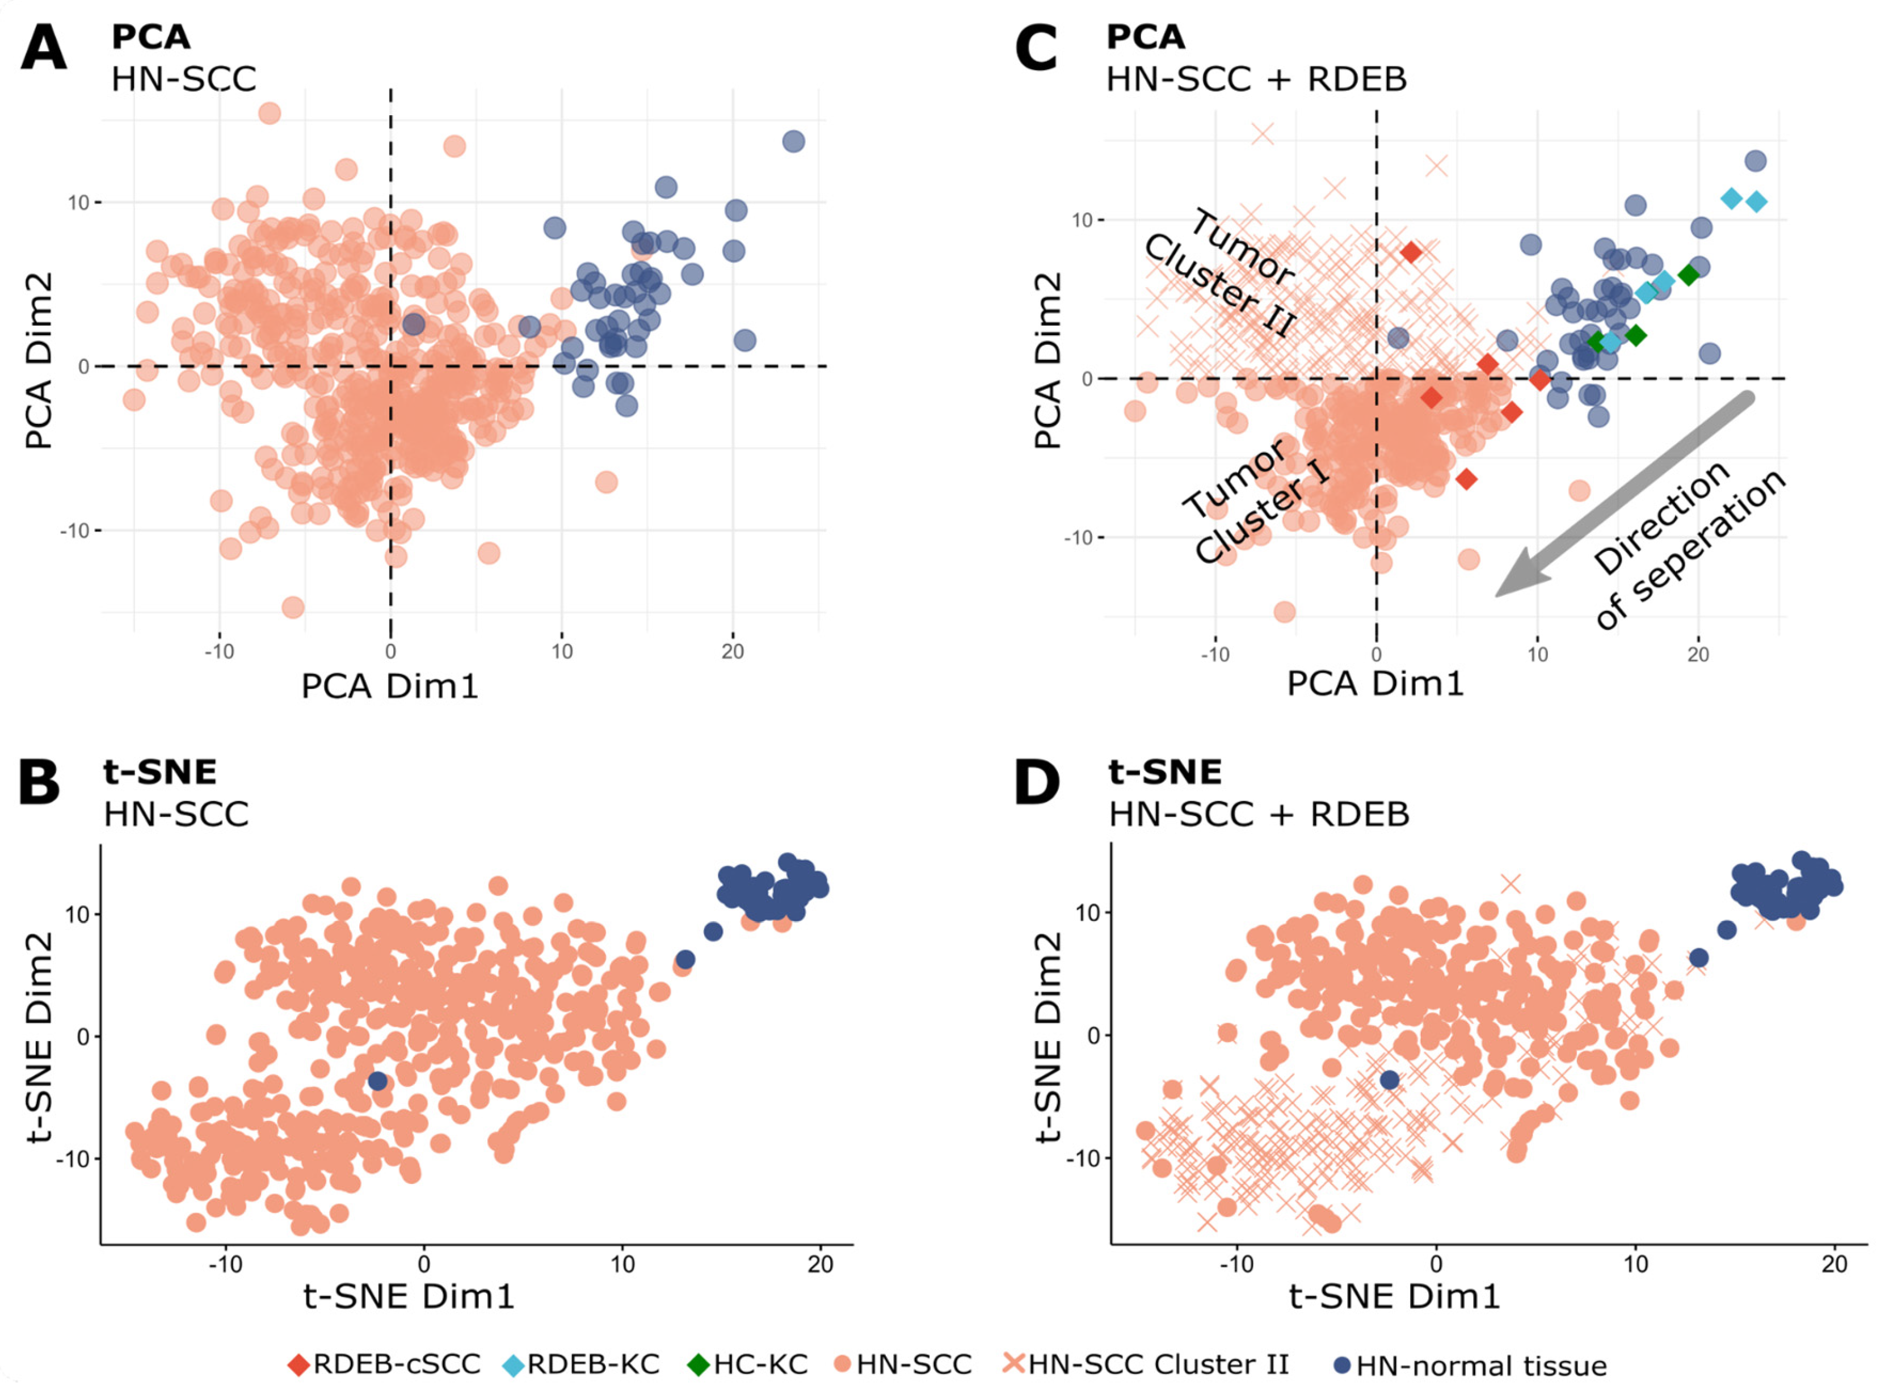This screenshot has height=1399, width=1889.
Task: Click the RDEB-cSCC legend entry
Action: click(385, 1364)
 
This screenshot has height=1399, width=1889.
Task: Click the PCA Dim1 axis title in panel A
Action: click(390, 686)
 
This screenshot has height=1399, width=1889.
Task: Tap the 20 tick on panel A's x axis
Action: click(732, 651)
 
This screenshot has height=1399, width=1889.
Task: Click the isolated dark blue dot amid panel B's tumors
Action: click(378, 1081)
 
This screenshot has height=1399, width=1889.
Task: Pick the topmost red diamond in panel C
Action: click(1411, 252)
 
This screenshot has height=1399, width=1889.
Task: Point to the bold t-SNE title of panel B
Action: click(160, 772)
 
